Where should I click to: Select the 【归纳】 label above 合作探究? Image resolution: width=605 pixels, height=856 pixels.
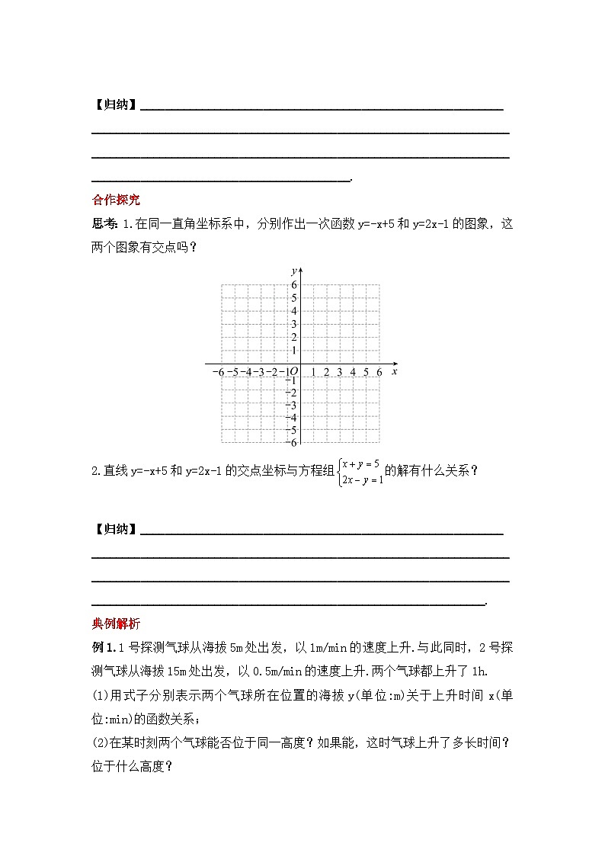[x=115, y=105]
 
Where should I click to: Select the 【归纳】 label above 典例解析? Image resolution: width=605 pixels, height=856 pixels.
[x=115, y=529]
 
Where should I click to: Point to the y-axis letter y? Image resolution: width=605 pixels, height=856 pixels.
[x=294, y=271]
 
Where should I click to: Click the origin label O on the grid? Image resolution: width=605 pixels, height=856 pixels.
[x=294, y=372]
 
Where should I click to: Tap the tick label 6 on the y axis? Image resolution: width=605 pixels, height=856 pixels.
[x=294, y=285]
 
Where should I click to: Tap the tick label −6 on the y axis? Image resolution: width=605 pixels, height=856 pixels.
[x=292, y=443]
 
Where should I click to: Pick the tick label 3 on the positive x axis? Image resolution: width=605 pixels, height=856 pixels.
[x=339, y=372]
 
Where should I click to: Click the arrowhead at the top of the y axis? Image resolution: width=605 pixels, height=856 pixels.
[x=302, y=270]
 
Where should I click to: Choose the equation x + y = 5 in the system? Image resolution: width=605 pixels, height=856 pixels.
[x=361, y=463]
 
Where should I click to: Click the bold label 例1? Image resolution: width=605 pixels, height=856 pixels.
[x=101, y=648]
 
